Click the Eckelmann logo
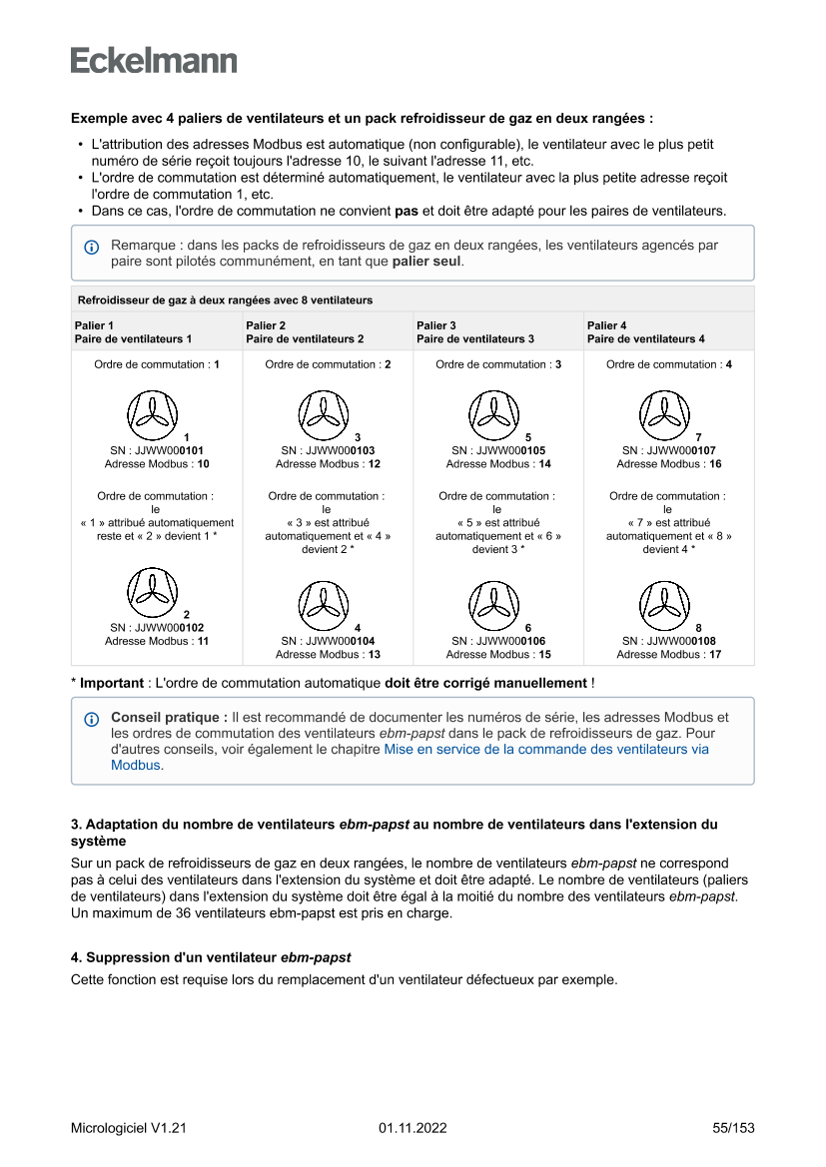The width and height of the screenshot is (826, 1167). click(154, 60)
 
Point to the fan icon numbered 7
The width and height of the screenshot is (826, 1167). click(664, 415)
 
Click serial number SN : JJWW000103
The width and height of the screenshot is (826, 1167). click(328, 450)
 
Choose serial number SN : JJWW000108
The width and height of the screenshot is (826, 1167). click(668, 641)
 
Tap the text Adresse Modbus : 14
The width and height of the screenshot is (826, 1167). click(498, 464)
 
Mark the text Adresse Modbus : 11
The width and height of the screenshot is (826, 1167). click(157, 641)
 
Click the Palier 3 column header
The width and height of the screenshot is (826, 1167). click(475, 332)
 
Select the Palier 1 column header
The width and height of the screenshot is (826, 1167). click(133, 332)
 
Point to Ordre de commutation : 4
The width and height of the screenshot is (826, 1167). click(668, 364)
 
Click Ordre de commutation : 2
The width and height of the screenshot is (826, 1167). click(328, 364)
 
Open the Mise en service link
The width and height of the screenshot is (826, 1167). click(546, 749)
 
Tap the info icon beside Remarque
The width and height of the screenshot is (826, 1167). click(92, 247)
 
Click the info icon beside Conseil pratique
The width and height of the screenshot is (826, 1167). click(92, 719)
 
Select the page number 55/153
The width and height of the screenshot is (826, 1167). click(733, 1128)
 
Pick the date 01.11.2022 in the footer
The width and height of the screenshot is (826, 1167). click(413, 1128)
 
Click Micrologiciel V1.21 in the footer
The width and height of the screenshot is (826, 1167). click(129, 1128)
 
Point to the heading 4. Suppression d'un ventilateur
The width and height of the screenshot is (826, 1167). click(211, 957)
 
